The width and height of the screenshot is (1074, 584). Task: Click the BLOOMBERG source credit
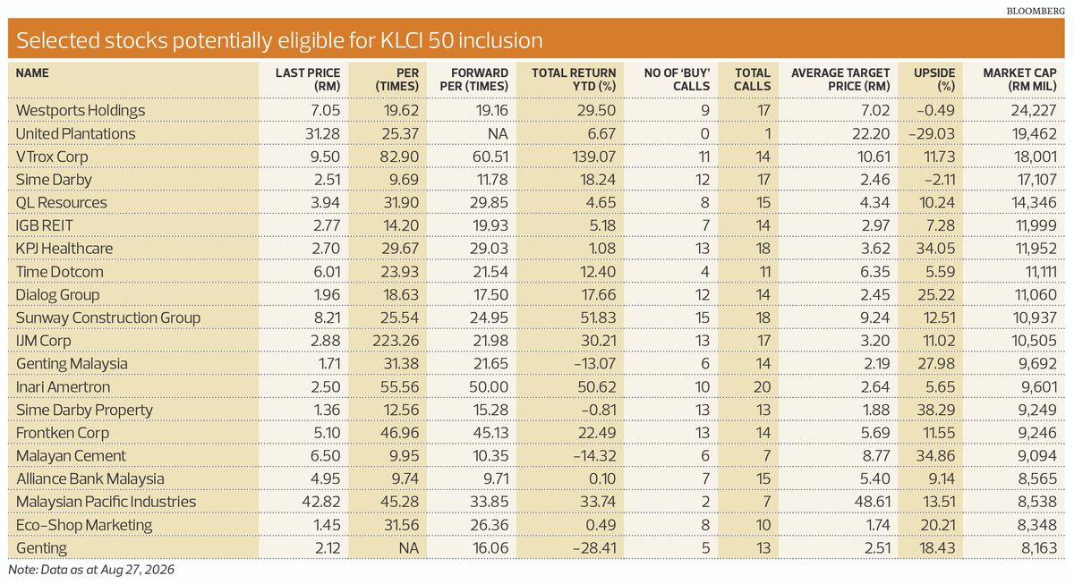coord(1036,11)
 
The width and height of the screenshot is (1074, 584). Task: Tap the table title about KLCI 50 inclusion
coord(279,40)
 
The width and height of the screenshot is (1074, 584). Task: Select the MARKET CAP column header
coord(1019,80)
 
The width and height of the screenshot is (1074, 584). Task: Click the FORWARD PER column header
coord(473,80)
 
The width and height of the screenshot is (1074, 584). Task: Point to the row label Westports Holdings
coord(80,111)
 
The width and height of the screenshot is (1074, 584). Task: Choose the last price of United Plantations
coord(322,133)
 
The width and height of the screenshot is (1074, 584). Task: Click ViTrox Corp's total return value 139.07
coord(593,157)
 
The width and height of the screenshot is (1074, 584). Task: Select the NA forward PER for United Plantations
coord(498,133)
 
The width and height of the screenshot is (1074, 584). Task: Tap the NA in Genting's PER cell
coord(408,547)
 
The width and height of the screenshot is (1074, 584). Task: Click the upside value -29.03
coord(932,133)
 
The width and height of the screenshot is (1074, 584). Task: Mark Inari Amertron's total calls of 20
coord(762,386)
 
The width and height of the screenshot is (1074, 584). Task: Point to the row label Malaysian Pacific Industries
coord(106,502)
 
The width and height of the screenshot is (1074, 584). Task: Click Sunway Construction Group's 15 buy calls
coord(702,317)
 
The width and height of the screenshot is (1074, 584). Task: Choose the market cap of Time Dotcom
coord(1040,272)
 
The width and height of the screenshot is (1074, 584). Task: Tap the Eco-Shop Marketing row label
coord(84,525)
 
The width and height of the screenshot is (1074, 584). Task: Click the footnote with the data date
coord(91,570)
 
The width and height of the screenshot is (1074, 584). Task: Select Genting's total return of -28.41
coord(594,547)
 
